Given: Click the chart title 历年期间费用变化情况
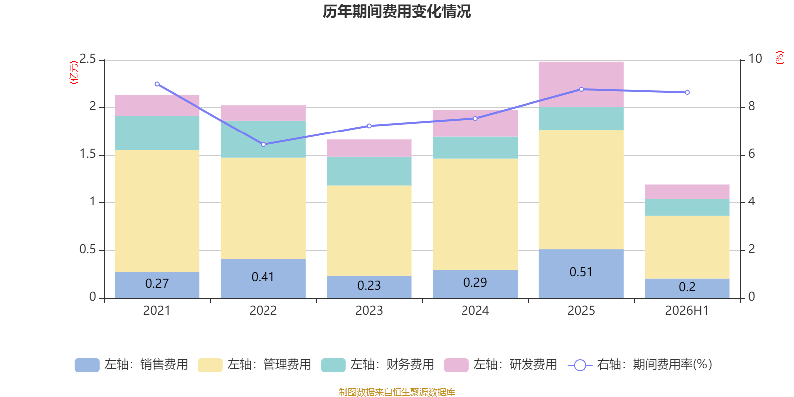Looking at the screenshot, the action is (x=397, y=12).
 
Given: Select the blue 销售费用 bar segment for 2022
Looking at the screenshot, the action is (x=263, y=278).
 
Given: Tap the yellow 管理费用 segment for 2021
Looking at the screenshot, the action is (x=157, y=211).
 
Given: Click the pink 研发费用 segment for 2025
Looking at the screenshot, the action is (x=581, y=84).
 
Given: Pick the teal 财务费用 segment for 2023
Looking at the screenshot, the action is (x=369, y=171).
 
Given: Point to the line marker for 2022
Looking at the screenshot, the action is (x=263, y=144).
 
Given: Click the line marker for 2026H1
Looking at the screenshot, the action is (x=687, y=92).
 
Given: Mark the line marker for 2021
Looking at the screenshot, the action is (x=157, y=84).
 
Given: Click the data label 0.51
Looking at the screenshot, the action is (x=581, y=272).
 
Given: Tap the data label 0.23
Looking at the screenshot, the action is (x=369, y=286).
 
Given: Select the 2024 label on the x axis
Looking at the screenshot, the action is (x=475, y=311).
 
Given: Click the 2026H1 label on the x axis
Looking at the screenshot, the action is (x=687, y=311).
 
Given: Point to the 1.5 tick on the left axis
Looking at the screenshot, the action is (x=88, y=154).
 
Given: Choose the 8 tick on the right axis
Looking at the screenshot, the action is (x=751, y=106).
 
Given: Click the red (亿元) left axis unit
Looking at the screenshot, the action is (x=74, y=72).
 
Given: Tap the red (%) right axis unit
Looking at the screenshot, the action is (x=779, y=58).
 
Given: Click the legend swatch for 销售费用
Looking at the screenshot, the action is (x=87, y=365).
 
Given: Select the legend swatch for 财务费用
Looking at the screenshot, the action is (x=333, y=365).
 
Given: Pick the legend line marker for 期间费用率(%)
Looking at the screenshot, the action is (x=580, y=365).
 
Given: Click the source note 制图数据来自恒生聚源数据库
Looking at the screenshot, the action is (x=397, y=392).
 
